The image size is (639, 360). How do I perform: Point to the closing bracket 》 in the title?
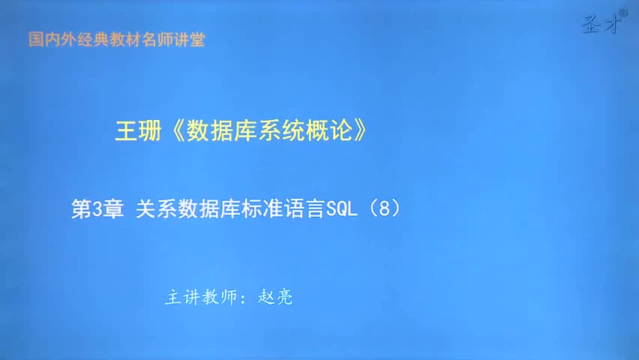click(x=361, y=131)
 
